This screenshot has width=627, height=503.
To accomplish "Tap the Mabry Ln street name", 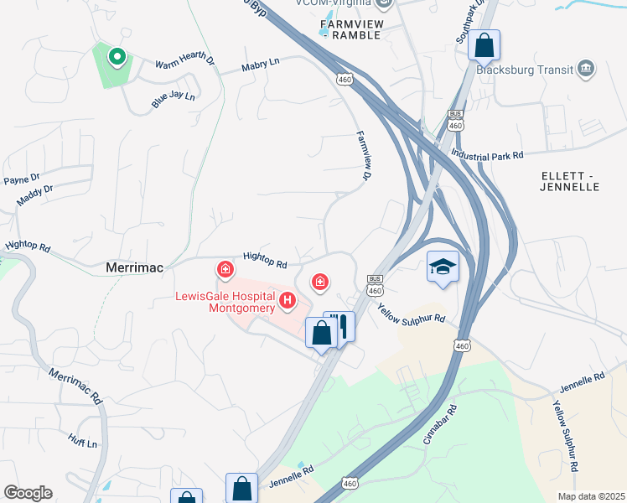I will click(259, 65).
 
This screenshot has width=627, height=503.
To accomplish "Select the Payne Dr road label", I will click(22, 179).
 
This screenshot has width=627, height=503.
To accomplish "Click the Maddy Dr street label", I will click(34, 196).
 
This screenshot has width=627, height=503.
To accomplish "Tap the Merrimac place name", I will click(134, 267).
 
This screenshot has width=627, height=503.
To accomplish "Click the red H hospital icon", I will click(288, 299).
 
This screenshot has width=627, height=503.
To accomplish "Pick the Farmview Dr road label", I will click(363, 155).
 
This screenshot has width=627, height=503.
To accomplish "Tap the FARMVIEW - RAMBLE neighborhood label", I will click(350, 29).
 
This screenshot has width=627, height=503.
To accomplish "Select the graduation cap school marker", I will click(443, 267).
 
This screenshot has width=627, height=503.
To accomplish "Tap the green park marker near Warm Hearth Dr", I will click(117, 57).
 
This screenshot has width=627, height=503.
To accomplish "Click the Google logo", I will click(28, 493).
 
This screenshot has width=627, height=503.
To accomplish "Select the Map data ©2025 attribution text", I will click(590, 496).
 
